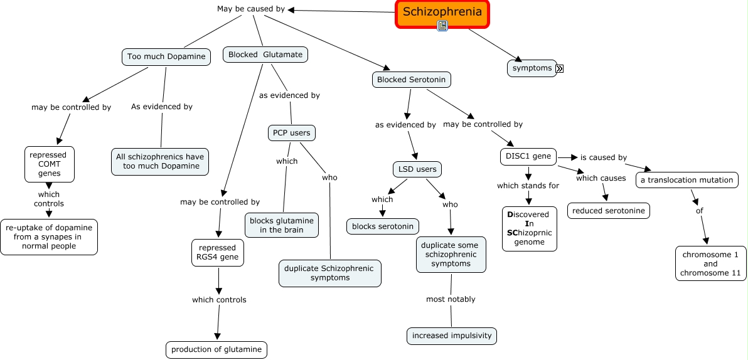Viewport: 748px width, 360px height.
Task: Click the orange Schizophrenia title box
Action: pyautogui.click(x=442, y=13)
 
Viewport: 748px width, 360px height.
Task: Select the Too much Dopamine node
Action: pyautogui.click(x=166, y=56)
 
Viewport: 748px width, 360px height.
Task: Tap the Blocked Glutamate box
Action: pyautogui.click(x=265, y=55)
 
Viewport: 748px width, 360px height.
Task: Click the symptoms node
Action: pyautogui.click(x=532, y=68)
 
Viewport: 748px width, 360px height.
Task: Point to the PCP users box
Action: pyautogui.click(x=291, y=133)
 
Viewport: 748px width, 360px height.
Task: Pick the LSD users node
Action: pyautogui.click(x=417, y=169)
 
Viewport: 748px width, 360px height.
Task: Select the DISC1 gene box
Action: pyautogui.click(x=528, y=156)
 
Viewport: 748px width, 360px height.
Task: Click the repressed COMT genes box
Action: pyautogui.click(x=50, y=164)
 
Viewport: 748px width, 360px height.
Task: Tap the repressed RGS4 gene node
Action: pyautogui.click(x=217, y=252)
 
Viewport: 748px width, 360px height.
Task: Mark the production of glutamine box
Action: pyautogui.click(x=216, y=349)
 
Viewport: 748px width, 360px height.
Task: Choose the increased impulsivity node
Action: pyautogui.click(x=451, y=336)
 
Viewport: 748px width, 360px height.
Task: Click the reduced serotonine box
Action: pyautogui.click(x=608, y=211)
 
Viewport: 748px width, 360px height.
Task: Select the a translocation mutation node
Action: pyautogui.click(x=687, y=180)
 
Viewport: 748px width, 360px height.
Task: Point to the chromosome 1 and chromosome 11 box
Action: pyautogui.click(x=711, y=263)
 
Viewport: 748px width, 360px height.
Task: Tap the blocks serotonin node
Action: pyautogui.click(x=383, y=226)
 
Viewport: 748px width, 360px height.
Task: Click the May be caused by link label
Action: pyautogui.click(x=250, y=9)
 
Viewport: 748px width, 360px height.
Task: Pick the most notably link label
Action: pyautogui.click(x=451, y=299)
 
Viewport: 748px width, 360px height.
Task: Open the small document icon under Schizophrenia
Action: pyautogui.click(x=442, y=26)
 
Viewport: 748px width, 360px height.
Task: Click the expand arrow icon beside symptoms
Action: pyautogui.click(x=559, y=68)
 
